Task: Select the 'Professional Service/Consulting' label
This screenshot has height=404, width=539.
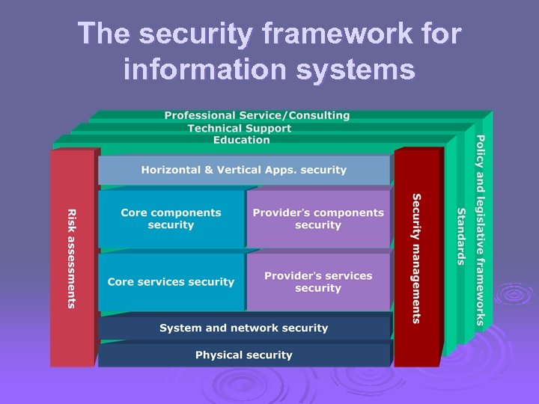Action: tap(257, 116)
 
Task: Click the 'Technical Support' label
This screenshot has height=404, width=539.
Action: tap(240, 128)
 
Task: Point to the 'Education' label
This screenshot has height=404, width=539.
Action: tap(241, 140)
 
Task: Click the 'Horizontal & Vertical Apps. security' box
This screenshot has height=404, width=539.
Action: tap(244, 170)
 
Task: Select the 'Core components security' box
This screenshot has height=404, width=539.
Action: tap(171, 218)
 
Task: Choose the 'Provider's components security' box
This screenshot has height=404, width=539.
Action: tap(318, 218)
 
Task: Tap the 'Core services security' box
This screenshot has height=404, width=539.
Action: tap(171, 282)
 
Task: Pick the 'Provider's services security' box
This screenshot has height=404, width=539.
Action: tap(318, 281)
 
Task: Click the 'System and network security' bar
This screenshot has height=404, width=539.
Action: tap(244, 328)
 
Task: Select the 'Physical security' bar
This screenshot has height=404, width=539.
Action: tap(244, 355)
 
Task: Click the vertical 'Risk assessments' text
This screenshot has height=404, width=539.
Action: tap(72, 258)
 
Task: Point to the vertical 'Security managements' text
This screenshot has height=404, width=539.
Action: tap(417, 258)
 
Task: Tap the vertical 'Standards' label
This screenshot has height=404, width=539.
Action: tap(461, 236)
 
